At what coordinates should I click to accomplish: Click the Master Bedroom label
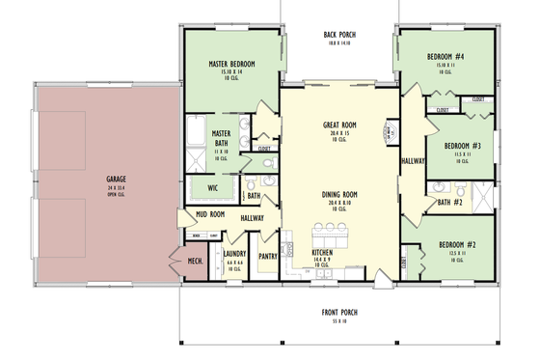[x=231, y=65]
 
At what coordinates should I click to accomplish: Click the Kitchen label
[x=322, y=252]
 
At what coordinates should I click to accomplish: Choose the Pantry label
[x=268, y=257]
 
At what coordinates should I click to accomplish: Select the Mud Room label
[x=210, y=215]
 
